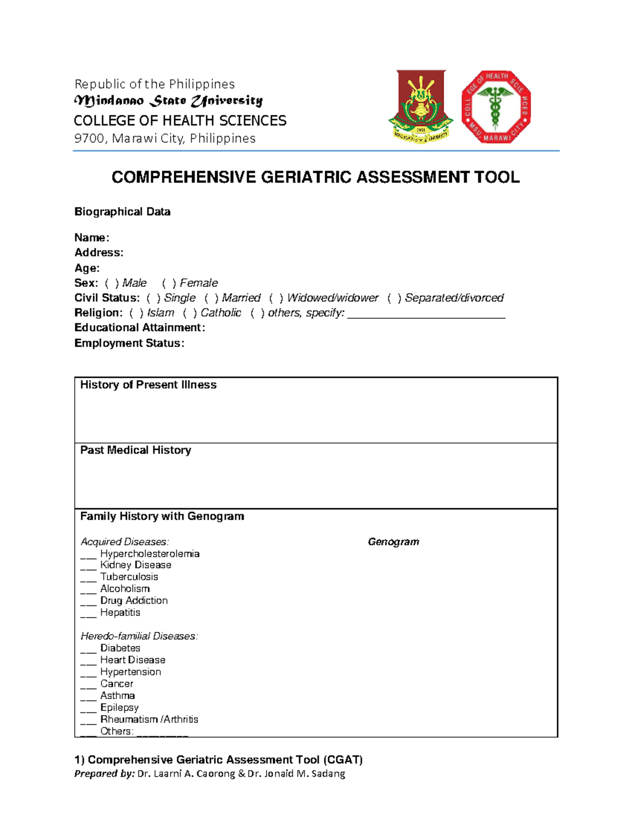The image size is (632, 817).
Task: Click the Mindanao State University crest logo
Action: [420, 107]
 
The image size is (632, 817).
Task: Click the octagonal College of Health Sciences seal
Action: [496, 107]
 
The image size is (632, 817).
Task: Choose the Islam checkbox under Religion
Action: [136, 313]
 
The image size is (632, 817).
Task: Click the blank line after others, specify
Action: [426, 316]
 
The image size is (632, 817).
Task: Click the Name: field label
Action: [92, 238]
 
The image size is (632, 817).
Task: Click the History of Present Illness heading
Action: [148, 385]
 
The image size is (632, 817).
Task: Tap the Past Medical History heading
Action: [135, 450]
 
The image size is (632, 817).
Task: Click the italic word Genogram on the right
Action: [393, 542]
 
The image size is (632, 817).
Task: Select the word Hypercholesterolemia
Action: [150, 554]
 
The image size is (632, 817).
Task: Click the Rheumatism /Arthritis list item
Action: [149, 719]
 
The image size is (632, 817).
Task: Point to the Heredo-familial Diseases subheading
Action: [139, 636]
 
